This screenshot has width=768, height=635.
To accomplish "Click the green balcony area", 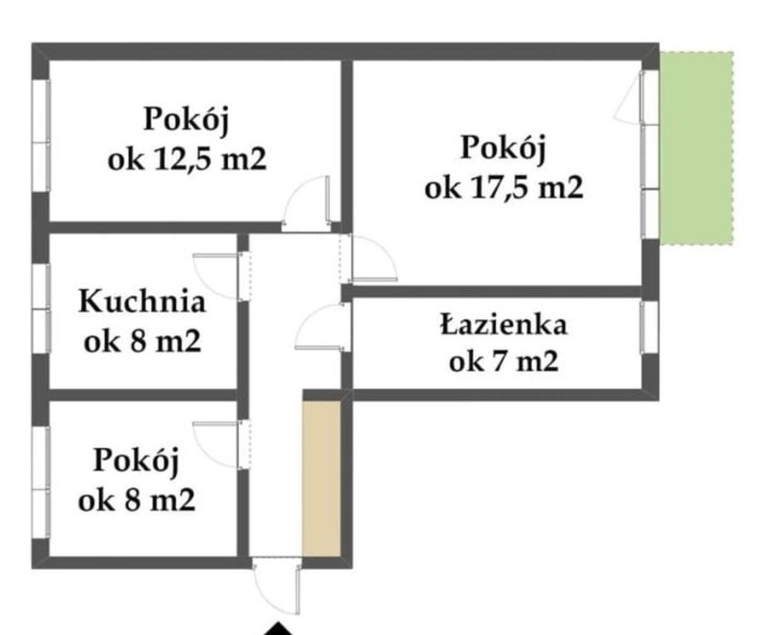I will pos(696,148).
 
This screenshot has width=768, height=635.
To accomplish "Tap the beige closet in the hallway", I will pos(322,478).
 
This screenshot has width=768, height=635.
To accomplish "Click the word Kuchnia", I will pos(142,302).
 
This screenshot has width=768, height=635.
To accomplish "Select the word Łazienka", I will pos(504,324).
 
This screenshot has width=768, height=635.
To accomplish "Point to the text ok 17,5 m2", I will pos(504,188).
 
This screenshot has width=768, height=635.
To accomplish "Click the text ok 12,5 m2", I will pos(186,160).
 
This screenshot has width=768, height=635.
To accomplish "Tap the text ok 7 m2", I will pos(504,362).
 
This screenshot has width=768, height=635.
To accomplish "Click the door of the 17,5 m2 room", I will pos(373,258).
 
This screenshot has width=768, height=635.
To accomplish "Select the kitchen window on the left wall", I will pos(39,309).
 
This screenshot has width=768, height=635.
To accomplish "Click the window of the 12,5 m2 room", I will pos(40,137).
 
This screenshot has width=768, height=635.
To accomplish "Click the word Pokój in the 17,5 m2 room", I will pos(504,148).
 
